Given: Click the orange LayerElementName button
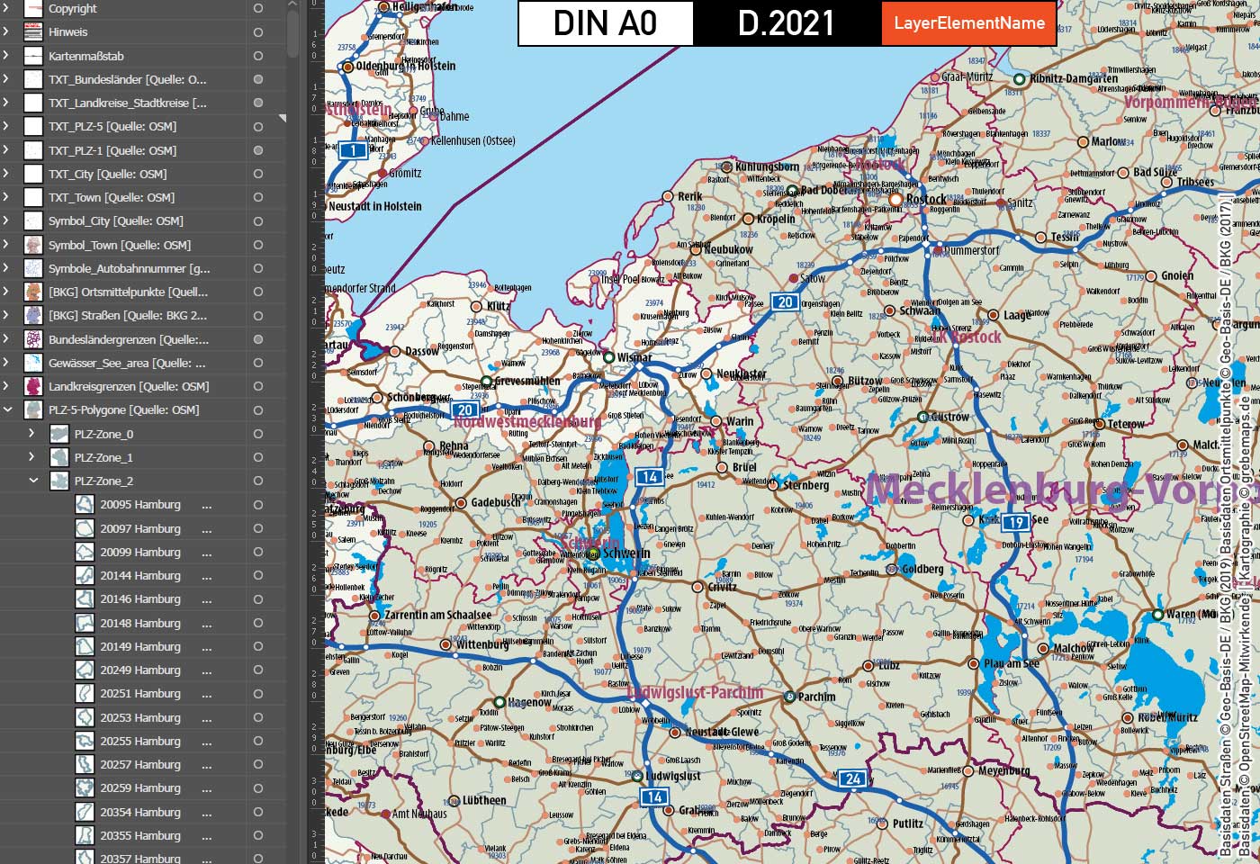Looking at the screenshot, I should [969, 23].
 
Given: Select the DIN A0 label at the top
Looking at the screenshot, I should [605, 23].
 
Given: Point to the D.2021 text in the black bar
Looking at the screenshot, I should [786, 23].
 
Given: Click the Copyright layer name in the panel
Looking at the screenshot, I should [73, 9].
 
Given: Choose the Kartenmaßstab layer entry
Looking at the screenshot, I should [86, 56].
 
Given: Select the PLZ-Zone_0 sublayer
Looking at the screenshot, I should [103, 434].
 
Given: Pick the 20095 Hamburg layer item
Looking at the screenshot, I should [139, 505].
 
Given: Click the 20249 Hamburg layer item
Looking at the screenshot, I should [139, 670].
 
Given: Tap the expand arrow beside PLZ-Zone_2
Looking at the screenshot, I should [33, 481].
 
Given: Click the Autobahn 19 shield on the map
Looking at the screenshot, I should [1015, 522].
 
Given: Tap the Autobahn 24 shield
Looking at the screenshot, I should [852, 778].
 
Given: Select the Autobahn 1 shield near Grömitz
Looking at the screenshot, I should [353, 150].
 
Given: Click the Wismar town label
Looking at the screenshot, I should [634, 357].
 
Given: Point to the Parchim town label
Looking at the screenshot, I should [816, 697].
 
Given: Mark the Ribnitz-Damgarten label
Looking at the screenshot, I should [1074, 78].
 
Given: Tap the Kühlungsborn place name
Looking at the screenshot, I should [767, 166].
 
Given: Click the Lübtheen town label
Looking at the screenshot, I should [484, 800].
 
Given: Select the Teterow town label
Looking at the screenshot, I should [1126, 424].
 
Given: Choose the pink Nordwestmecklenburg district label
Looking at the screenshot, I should [527, 421].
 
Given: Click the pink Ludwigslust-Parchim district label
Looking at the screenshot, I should [695, 693].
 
